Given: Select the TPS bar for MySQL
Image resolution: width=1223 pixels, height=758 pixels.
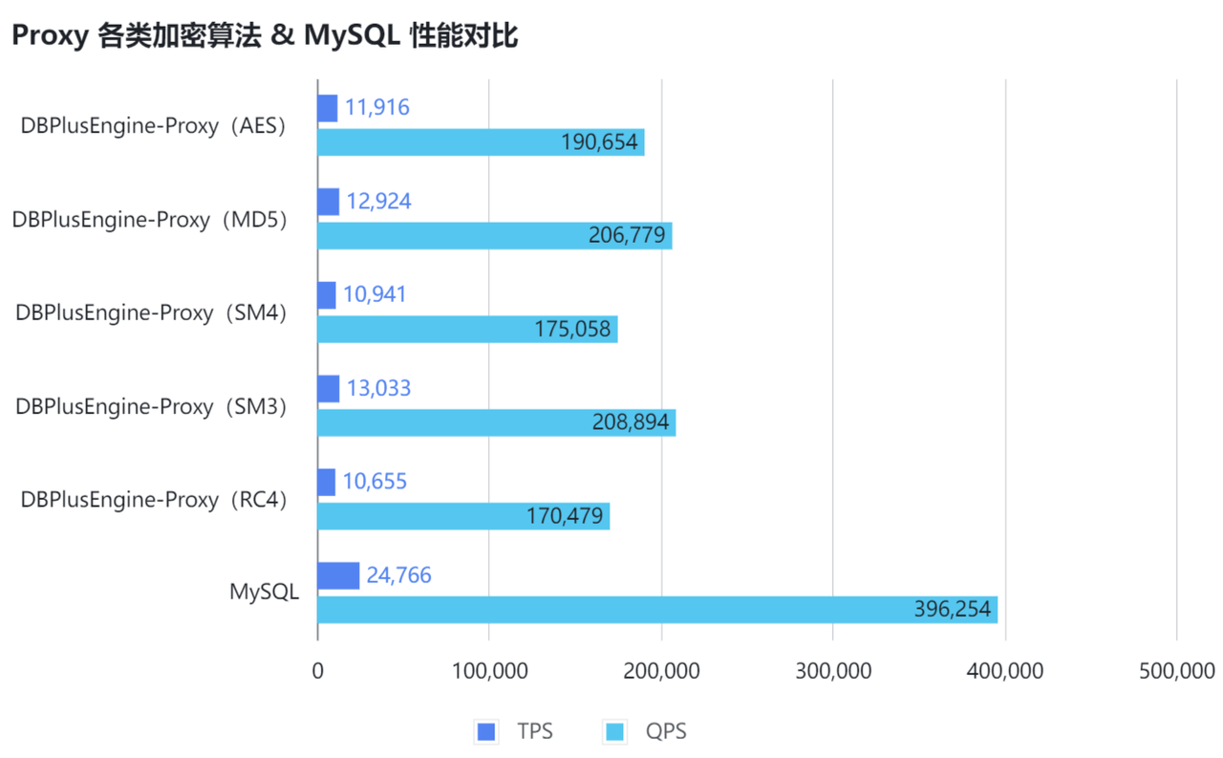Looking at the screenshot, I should [338, 575].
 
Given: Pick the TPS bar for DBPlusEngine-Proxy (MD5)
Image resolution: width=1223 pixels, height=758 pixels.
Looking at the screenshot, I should [328, 202].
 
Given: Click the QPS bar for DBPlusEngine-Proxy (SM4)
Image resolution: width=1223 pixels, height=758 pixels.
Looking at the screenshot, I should [467, 329].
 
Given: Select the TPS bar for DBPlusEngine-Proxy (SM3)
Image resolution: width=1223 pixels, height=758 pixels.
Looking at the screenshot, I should [328, 389].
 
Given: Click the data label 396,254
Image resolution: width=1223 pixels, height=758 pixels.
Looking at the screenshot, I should [952, 610].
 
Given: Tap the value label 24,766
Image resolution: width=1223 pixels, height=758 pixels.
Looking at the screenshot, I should [399, 575].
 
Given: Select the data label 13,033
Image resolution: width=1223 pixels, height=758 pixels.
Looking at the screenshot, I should [379, 389].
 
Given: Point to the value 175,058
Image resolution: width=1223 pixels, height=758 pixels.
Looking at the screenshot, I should [572, 330].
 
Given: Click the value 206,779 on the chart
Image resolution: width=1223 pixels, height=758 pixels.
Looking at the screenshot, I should [627, 236].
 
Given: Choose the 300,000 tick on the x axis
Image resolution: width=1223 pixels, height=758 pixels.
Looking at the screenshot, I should [832, 671].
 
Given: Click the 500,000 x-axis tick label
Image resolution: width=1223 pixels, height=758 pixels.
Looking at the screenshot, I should [1176, 671].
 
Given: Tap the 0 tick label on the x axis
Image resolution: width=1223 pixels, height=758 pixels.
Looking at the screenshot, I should [317, 671].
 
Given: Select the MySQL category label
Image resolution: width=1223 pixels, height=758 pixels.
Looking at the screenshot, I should [264, 592].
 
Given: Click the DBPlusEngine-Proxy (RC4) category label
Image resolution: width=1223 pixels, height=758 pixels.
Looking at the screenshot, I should [154, 499].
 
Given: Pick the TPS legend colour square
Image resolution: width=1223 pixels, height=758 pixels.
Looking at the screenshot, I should [486, 732].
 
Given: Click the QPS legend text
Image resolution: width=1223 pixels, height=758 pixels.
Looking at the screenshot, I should [666, 732].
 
